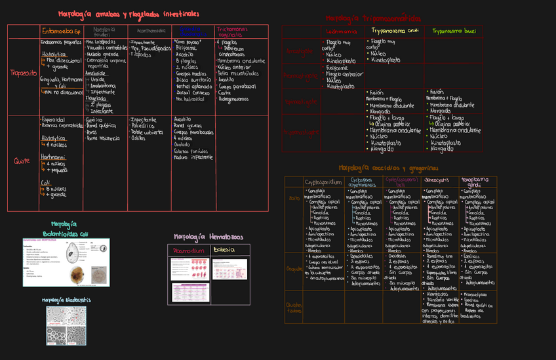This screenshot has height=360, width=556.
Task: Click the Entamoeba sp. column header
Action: pyautogui.click(x=61, y=31)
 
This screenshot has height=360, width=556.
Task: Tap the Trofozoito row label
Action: pyautogui.click(x=23, y=73)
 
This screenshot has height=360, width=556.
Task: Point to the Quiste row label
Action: pyautogui.click(x=22, y=161)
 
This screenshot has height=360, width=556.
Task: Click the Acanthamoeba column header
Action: pyautogui.click(x=150, y=30)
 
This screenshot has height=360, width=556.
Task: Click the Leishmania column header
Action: pyautogui.click(x=341, y=31)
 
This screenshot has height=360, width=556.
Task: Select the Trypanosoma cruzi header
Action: pyautogui.click(x=395, y=31)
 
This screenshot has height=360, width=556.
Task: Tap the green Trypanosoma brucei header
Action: pyautogui.click(x=454, y=31)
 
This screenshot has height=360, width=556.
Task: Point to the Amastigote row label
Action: pyautogui.click(x=300, y=51)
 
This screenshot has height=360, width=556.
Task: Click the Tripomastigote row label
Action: pyautogui.click(x=300, y=132)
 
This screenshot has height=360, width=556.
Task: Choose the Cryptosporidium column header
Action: pyautogui.click(x=323, y=182)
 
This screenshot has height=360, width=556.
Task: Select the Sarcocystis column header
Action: pyautogui.click(x=437, y=179)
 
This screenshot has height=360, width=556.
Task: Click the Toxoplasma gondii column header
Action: pyautogui.click(x=475, y=182)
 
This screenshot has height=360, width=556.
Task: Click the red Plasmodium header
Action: pyautogui.click(x=189, y=250)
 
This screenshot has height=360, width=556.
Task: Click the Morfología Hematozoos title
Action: pyautogui.click(x=208, y=236)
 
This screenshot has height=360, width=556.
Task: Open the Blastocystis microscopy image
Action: pyautogui.click(x=66, y=325)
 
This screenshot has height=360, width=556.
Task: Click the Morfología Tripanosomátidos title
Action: pyautogui.click(x=374, y=18)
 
